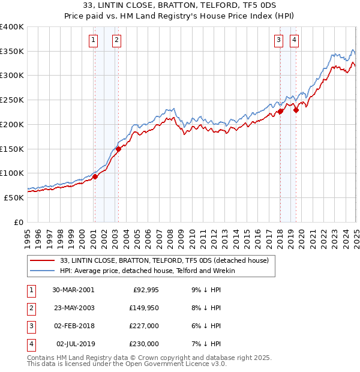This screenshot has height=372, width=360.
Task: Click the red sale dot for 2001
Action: coord(95,176)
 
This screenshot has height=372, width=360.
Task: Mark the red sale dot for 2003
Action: coord(118,149)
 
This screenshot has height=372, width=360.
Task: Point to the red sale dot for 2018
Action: coord(280,111)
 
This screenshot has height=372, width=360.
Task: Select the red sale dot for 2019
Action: coord(296,110)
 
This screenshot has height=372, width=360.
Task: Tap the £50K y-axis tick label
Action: coord(14,197)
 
